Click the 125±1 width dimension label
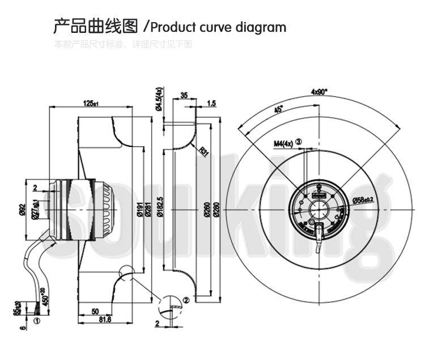(91, 103)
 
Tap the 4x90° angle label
(320, 91)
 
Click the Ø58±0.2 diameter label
(365, 200)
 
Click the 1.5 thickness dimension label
(211, 103)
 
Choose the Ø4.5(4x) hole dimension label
(159, 100)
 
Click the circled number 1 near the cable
(37, 320)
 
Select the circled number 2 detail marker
(186, 299)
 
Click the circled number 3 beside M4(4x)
(299, 143)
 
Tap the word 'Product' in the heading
(172, 27)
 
